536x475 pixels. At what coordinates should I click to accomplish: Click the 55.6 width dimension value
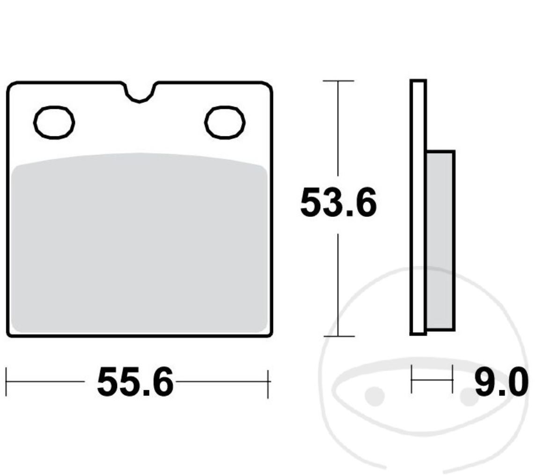point(135,383)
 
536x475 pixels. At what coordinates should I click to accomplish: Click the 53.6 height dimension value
point(338,203)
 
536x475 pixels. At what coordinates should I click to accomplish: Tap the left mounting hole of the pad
point(54,122)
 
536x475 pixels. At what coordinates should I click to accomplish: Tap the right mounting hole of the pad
point(225,122)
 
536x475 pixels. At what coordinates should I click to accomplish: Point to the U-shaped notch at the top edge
point(139,94)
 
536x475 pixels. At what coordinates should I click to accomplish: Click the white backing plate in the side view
point(418,206)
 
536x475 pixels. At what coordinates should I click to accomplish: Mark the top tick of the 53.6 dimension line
point(338,81)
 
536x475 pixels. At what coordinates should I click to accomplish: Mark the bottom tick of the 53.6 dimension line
point(338,336)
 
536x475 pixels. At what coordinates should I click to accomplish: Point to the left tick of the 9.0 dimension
point(411,379)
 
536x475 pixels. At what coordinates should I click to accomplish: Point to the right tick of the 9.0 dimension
point(453,379)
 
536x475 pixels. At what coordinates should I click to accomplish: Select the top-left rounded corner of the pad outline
point(11,87)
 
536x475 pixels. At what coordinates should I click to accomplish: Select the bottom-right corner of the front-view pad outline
point(270,334)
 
